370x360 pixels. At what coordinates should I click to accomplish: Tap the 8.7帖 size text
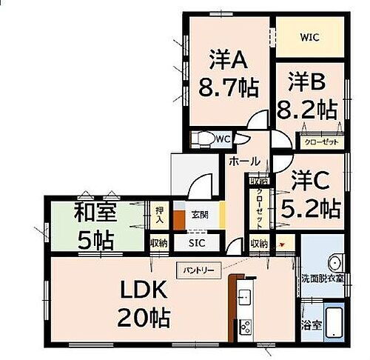tap(228, 88)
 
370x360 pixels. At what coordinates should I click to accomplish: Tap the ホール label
tap(244, 161)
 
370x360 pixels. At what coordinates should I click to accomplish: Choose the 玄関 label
tap(200, 216)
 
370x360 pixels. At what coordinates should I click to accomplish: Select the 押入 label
tap(159, 215)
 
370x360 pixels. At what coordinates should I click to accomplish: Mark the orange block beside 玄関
tap(179, 221)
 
